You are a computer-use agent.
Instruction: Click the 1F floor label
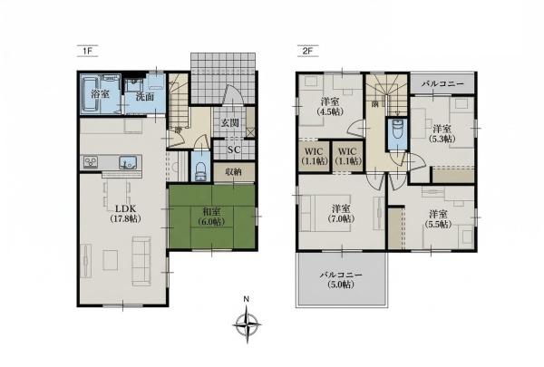[x=87, y=51]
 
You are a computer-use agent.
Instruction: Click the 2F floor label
[x=307, y=51]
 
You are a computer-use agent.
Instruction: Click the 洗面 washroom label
[x=145, y=96]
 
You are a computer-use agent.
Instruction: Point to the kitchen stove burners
[x=92, y=162]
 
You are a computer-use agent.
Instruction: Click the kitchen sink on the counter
[x=128, y=163]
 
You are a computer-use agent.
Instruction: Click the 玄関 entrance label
[x=229, y=122]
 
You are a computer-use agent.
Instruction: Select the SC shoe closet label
[x=234, y=150]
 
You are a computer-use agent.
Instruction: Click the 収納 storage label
[x=233, y=171]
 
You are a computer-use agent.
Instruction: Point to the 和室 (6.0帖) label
[x=211, y=216]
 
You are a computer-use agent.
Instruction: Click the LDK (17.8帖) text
[x=125, y=214]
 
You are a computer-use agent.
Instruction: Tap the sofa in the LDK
[x=141, y=261]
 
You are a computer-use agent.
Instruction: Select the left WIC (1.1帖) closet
[x=315, y=156]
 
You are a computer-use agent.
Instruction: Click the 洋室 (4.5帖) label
[x=330, y=107]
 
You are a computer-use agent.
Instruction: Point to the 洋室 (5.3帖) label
[x=442, y=134]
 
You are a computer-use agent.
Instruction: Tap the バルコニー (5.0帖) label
[x=341, y=280]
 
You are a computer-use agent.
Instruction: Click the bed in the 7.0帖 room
[x=325, y=213]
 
